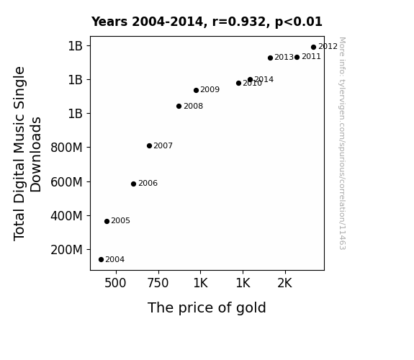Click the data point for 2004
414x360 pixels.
pyautogui.click(x=101, y=260)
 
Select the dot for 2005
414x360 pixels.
pyautogui.click(x=107, y=221)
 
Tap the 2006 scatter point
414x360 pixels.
pyautogui.click(x=133, y=184)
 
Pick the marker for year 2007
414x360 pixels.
pyautogui.click(x=149, y=145)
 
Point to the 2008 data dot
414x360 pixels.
pyautogui.click(x=179, y=106)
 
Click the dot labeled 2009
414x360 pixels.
pyautogui.click(x=196, y=90)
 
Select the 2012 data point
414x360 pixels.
pyautogui.click(x=313, y=48)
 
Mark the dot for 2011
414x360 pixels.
pyautogui.click(x=297, y=57)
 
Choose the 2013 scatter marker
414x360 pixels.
pyautogui.click(x=270, y=58)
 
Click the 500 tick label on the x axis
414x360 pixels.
pyautogui.click(x=115, y=284)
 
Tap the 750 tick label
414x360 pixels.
pyautogui.click(x=158, y=284)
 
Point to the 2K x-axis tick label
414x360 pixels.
pyautogui.click(x=285, y=284)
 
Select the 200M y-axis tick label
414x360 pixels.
pyautogui.click(x=66, y=250)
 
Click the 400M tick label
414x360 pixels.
pyautogui.click(x=66, y=216)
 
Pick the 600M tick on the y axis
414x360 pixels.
pyautogui.click(x=66, y=182)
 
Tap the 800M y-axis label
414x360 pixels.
pyautogui.click(x=66, y=148)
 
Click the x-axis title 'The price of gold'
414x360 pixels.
pyautogui.click(x=207, y=308)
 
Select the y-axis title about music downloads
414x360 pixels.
pyautogui.click(x=27, y=153)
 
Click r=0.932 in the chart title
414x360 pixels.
pyautogui.click(x=239, y=22)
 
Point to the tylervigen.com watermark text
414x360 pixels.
pyautogui.click(x=342, y=143)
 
